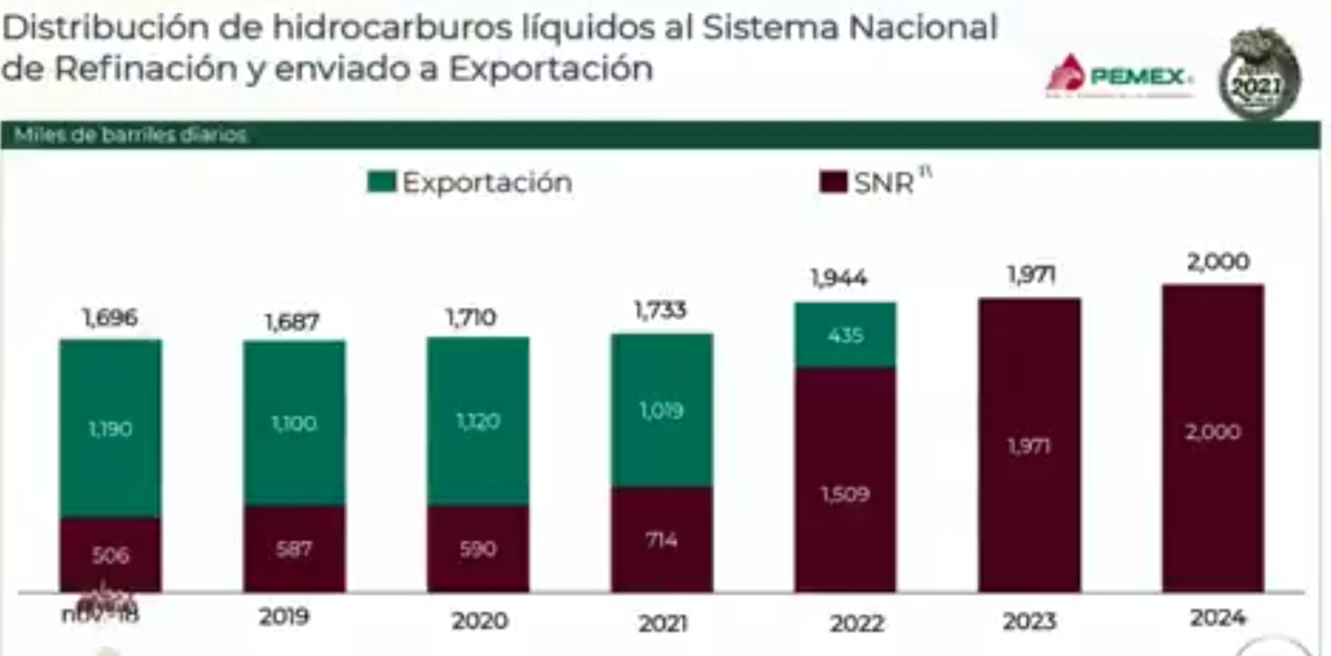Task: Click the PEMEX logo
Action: [1120, 76]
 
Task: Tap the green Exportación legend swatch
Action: [382, 183]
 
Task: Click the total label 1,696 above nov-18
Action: [110, 318]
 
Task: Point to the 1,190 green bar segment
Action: [110, 429]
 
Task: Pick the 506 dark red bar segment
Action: [110, 555]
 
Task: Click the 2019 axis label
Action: [284, 616]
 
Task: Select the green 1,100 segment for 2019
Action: [294, 424]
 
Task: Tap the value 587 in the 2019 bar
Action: [294, 549]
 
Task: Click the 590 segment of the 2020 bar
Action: [478, 549]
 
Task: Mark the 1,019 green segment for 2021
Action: [662, 411]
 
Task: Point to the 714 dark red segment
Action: [662, 539]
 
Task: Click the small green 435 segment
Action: [845, 336]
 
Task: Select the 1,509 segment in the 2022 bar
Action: [845, 494]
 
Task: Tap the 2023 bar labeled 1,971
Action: [1029, 446]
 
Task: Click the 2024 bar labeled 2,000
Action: [1213, 433]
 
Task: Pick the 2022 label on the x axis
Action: [857, 623]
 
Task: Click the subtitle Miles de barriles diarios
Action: [131, 136]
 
